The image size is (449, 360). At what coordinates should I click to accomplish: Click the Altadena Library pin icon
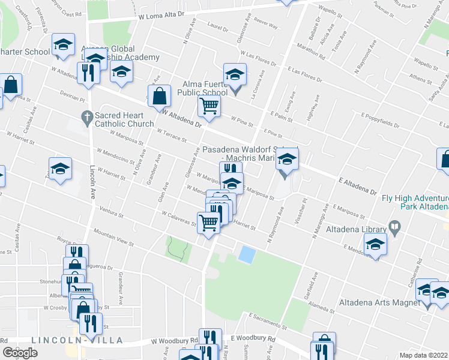click(395, 227)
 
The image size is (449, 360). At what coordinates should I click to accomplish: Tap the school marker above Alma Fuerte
click(235, 75)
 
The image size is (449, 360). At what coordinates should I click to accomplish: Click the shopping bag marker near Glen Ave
click(159, 96)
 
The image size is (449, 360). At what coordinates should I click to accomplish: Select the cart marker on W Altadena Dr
click(209, 107)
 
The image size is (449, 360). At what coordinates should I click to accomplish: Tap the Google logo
click(20, 353)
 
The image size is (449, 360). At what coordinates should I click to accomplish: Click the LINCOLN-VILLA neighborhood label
click(77, 340)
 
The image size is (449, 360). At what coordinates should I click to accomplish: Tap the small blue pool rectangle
click(246, 254)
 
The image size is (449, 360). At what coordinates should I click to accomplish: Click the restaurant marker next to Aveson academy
click(89, 73)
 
